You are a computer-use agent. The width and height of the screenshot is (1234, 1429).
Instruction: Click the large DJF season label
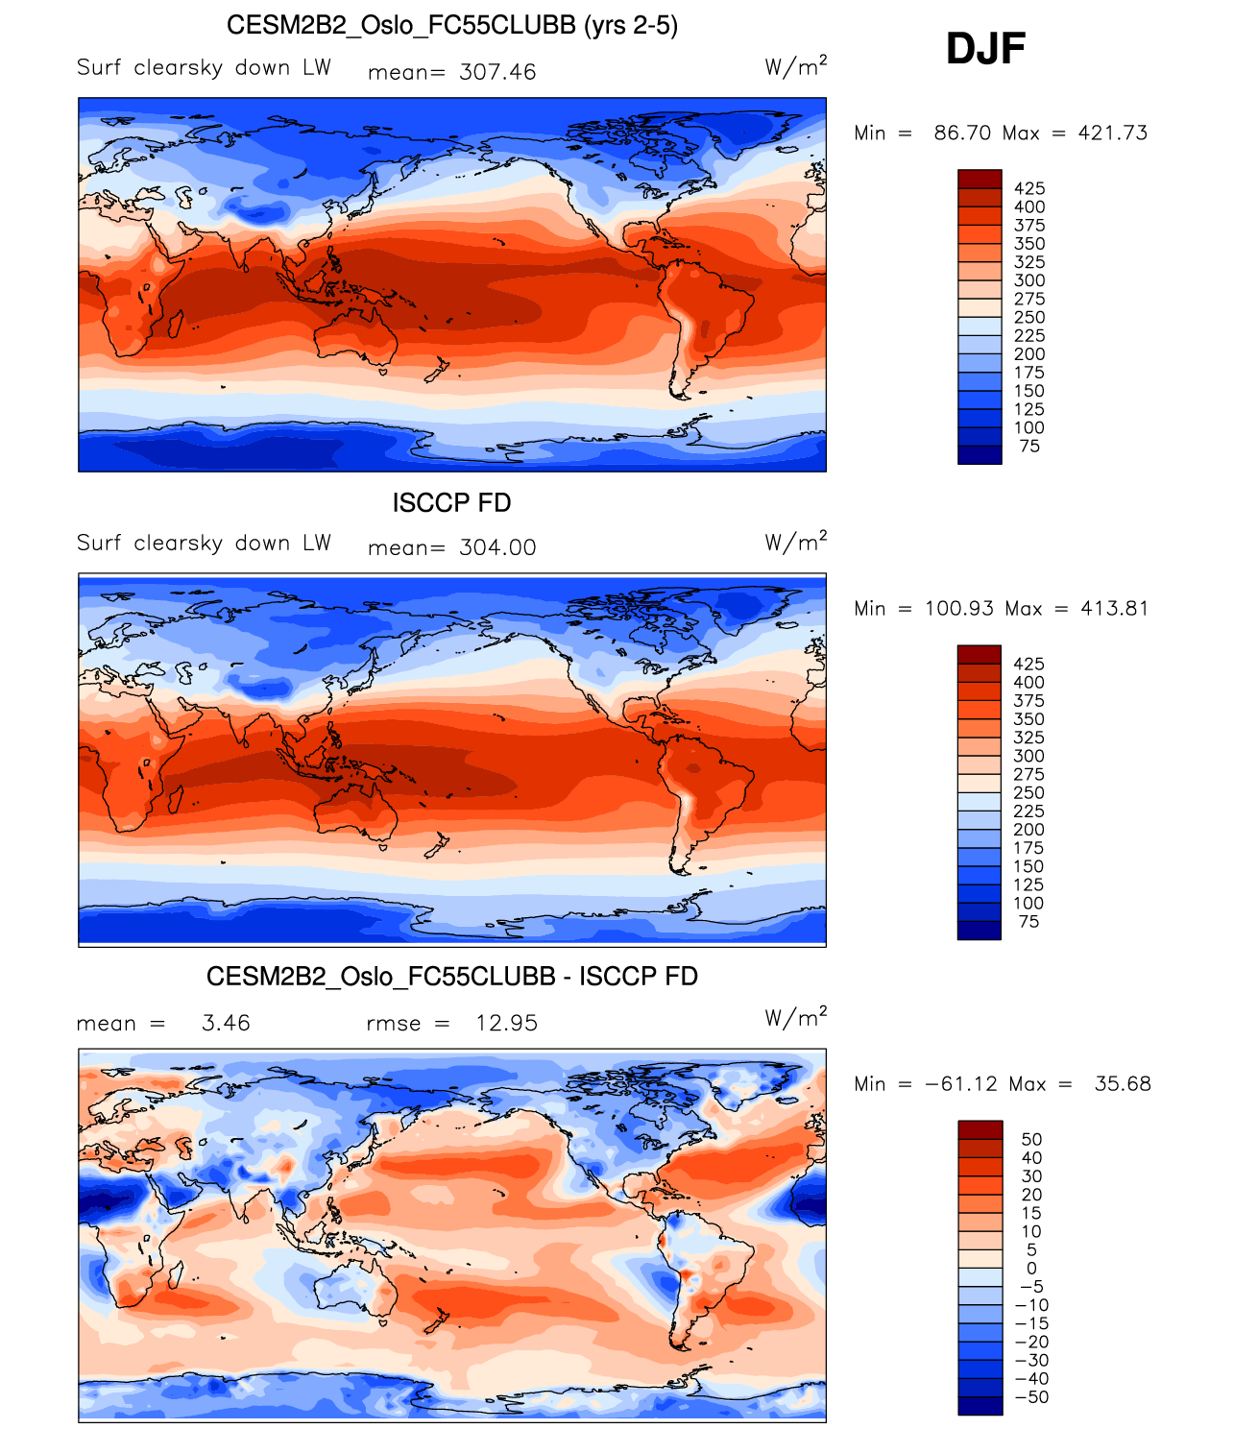[985, 49]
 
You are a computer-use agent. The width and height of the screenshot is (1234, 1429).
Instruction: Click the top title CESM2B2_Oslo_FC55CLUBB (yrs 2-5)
[451, 25]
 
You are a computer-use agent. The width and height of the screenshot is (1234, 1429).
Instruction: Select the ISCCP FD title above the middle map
[451, 502]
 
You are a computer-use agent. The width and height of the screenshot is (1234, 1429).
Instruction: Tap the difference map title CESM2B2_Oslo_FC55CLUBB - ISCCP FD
[451, 977]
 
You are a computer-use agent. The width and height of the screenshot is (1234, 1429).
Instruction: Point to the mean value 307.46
[497, 72]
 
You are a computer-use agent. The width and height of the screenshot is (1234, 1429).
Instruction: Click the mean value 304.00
[497, 547]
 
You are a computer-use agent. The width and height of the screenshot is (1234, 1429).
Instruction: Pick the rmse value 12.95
[506, 1023]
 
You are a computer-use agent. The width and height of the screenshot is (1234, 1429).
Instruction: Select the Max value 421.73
[1112, 133]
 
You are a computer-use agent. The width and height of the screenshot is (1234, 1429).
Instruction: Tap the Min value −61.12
[960, 1083]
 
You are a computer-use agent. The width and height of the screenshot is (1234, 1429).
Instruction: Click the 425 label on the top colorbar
[1029, 188]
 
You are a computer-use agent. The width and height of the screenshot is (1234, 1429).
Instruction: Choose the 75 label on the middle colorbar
[1028, 921]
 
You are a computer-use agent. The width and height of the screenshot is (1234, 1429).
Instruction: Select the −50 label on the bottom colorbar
[1031, 1396]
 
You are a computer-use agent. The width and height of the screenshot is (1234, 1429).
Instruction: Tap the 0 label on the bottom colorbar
[1031, 1268]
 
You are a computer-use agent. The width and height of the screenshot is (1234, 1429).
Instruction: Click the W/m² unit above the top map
[795, 66]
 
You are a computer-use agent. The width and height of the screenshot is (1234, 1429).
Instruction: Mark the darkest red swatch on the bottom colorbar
[980, 1129]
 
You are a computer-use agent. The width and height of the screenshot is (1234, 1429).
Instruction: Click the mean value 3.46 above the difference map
[226, 1023]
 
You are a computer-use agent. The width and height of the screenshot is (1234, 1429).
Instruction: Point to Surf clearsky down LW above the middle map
[204, 543]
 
